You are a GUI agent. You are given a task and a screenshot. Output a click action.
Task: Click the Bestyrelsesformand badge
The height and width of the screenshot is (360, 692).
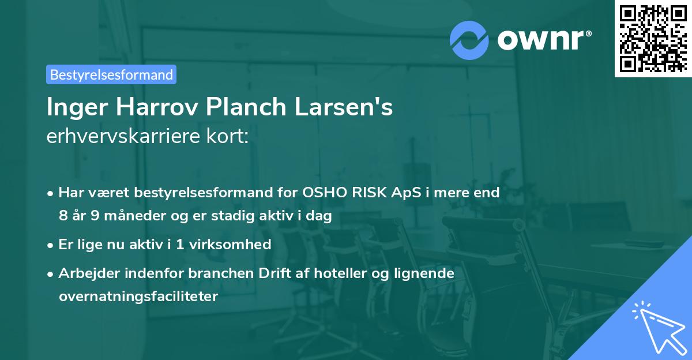click(111, 74)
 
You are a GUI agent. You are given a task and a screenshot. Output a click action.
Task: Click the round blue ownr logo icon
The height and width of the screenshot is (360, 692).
click(469, 40)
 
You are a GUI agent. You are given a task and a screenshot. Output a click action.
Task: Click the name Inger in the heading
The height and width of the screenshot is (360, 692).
click(73, 107)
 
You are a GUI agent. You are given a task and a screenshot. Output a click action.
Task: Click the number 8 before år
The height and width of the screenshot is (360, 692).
click(63, 216)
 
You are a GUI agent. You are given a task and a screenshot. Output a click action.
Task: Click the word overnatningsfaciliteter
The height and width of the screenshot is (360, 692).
click(138, 297)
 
